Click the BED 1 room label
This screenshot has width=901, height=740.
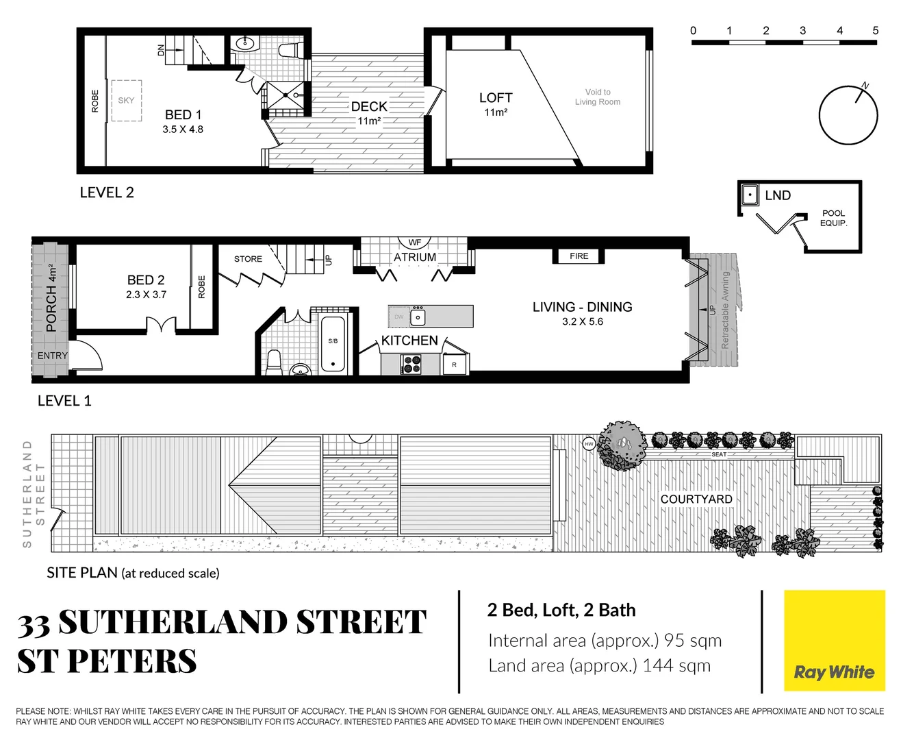point(183,115)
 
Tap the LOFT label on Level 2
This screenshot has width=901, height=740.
point(496,98)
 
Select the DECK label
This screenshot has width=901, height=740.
point(369,107)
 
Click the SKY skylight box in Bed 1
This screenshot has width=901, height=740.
point(127,101)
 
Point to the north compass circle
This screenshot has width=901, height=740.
point(848,115)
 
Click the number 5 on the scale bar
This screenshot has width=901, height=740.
point(875,31)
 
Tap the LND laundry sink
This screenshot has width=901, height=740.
point(750,195)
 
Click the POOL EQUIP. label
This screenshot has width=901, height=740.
point(833,218)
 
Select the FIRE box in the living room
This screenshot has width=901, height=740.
point(579,256)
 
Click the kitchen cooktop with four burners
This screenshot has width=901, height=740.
point(411,365)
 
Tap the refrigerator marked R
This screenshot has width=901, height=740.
point(455,365)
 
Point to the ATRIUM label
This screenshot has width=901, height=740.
point(415,257)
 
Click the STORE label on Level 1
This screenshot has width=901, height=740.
point(248,259)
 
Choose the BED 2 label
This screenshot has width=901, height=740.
point(146,280)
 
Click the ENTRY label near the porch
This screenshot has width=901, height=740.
point(53,356)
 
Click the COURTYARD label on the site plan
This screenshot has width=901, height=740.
point(696,500)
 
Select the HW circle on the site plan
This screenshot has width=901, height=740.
point(589,444)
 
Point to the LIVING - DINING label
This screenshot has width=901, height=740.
point(582,307)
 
